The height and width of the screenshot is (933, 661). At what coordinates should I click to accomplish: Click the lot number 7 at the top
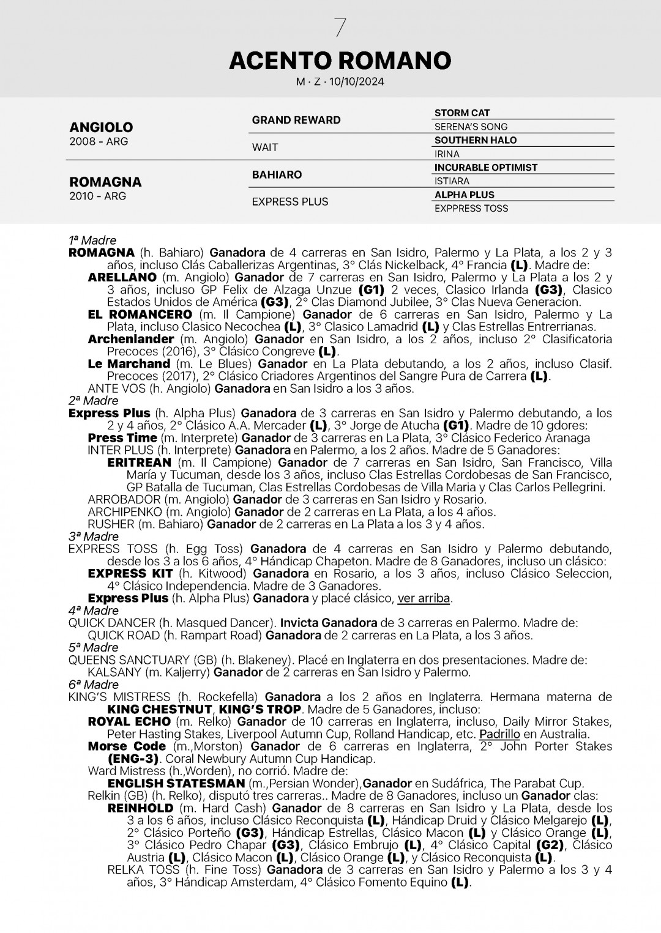coord(340,28)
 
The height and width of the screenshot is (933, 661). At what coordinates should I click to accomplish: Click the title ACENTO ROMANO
coord(340,61)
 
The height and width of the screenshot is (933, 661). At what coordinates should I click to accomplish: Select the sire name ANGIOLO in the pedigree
coord(101,127)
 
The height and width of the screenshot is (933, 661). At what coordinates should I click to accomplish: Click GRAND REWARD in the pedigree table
coord(296,120)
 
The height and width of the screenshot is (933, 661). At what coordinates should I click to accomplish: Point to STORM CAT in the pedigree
coord(462,113)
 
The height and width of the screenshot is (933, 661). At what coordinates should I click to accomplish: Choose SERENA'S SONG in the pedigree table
coord(471,127)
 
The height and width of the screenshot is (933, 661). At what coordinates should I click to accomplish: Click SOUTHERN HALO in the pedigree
coord(476,140)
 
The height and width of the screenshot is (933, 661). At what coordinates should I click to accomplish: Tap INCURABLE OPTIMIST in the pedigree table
coord(486,167)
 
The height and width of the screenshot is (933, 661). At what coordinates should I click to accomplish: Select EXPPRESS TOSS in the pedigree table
coord(471,208)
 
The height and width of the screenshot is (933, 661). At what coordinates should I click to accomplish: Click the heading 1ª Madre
coord(92,240)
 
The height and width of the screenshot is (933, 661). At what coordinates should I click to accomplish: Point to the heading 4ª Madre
coord(93,611)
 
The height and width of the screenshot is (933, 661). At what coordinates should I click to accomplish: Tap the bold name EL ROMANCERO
coord(140,314)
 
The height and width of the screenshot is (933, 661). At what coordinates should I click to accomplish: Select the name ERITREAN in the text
coord(139,463)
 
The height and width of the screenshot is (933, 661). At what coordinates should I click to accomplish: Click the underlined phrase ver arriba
coord(424,598)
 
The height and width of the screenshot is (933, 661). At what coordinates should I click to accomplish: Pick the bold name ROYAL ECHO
coord(129,721)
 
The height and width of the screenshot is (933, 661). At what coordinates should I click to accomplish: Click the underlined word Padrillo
coord(499,734)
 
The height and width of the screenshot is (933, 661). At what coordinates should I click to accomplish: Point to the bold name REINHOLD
coord(140,808)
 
